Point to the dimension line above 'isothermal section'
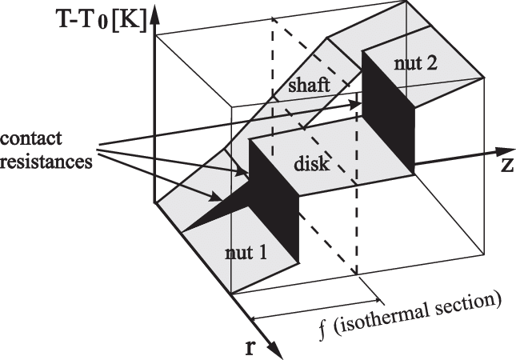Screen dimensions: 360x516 point(304,298)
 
